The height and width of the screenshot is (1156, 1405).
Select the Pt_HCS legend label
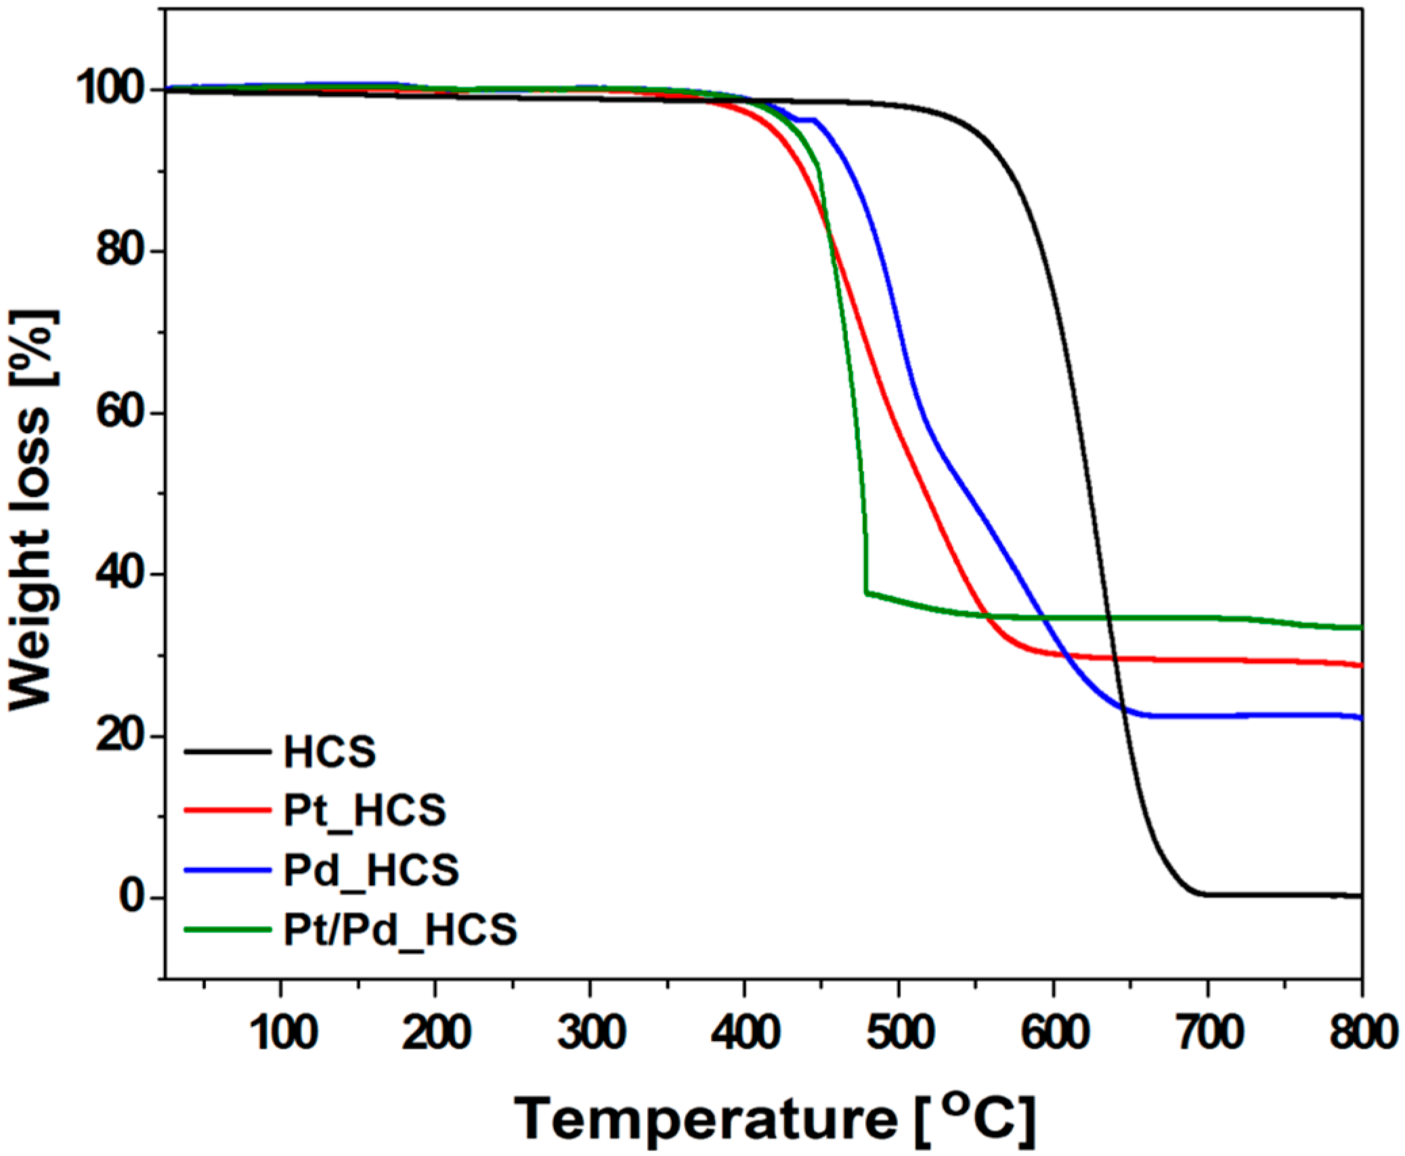coord(365,810)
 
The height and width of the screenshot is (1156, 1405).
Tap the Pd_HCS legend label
coord(371,870)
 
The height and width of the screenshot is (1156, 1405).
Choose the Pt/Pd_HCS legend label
coord(400,929)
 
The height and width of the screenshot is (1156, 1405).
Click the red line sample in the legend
coord(228,810)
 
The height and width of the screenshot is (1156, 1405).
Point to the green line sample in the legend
coord(228,929)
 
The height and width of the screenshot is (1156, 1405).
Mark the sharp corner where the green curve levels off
coord(866,592)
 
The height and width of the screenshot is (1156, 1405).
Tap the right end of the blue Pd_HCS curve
coord(1360,718)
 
